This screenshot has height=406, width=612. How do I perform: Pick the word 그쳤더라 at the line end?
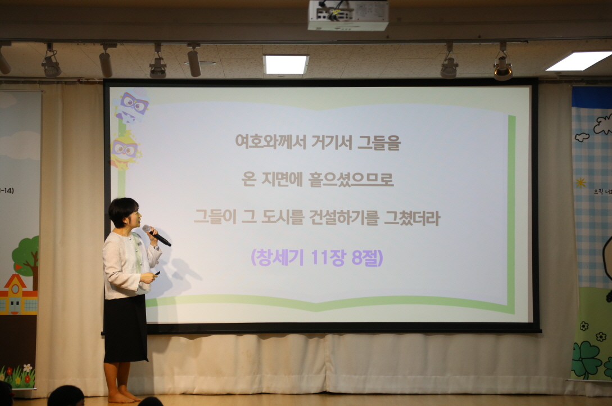coord(411,217)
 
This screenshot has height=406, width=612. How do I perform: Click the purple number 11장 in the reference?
coord(320,257)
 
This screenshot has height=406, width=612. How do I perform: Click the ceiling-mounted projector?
coord(348,15)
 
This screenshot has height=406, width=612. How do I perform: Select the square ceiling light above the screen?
coord(286,65)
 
